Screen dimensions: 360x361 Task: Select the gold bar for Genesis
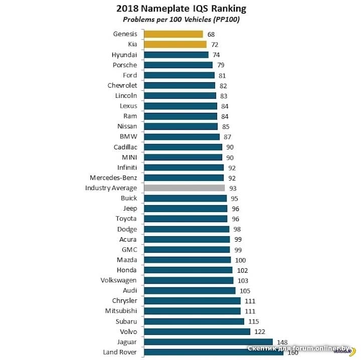[x=173, y=34]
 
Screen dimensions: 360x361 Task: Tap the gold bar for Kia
[x=175, y=45]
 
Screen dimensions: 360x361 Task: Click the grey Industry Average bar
[x=184, y=188]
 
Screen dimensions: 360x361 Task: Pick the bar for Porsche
[x=178, y=65]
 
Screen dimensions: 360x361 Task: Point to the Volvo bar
[x=197, y=331]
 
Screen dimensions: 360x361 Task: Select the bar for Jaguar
[x=208, y=342]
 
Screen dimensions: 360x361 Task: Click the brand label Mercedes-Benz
[x=113, y=178]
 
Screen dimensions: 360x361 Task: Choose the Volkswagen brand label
[x=119, y=280]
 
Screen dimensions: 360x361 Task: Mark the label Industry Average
[x=111, y=188]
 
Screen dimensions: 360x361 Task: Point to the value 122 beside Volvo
[x=260, y=331]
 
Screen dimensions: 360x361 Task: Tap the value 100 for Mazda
[x=241, y=260]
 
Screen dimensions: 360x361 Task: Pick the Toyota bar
[x=186, y=219]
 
